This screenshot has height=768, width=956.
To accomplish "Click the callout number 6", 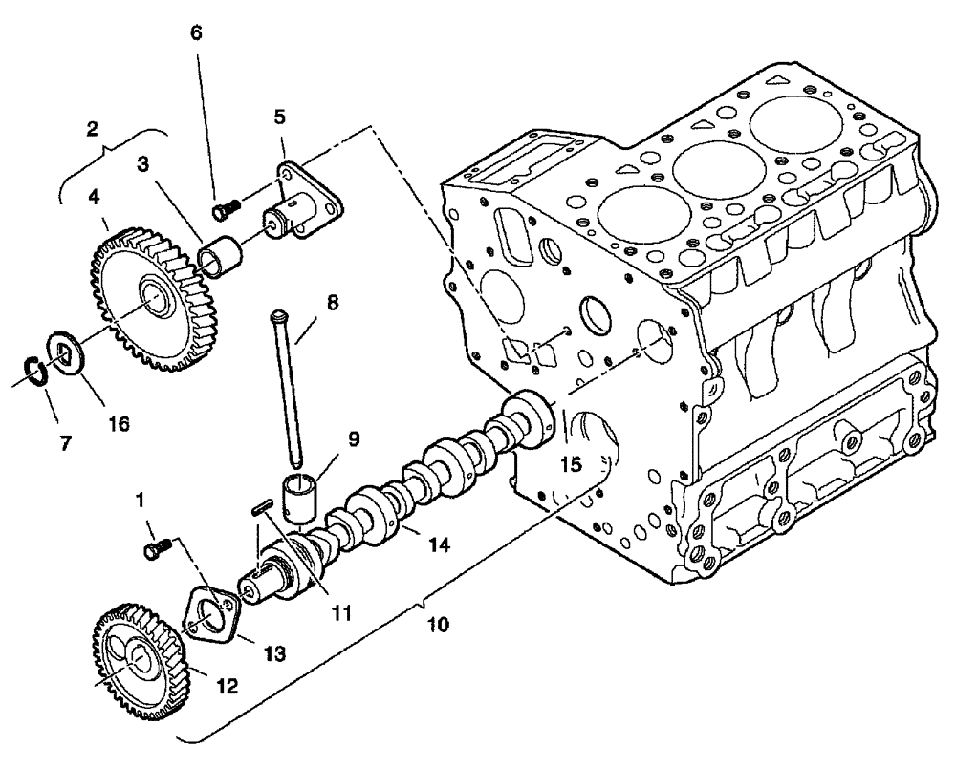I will tap(197, 32).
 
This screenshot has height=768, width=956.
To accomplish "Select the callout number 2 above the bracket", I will tap(93, 130).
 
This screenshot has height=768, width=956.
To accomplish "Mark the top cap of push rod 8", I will tap(280, 315).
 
